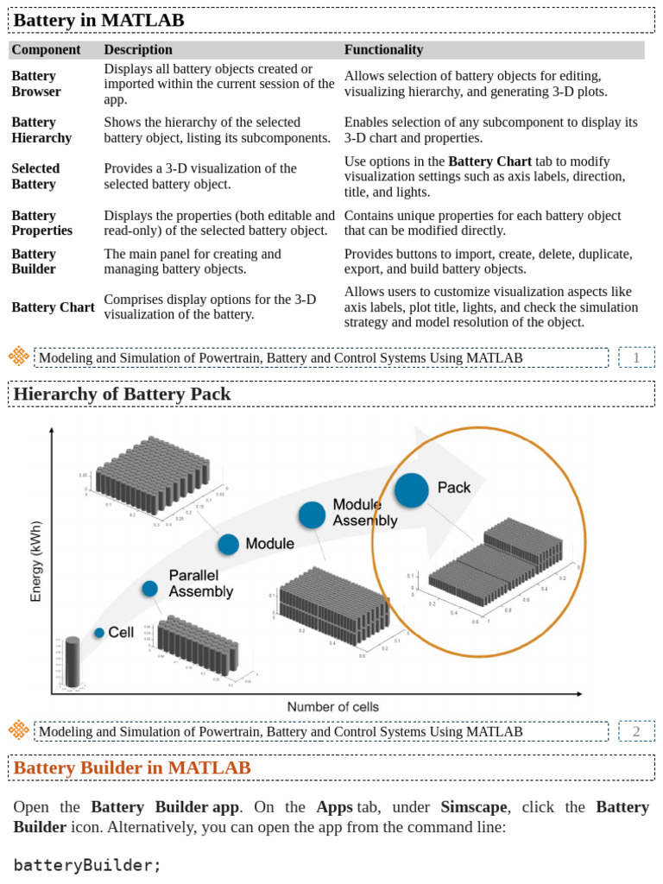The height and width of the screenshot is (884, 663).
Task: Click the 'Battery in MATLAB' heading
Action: pyautogui.click(x=98, y=20)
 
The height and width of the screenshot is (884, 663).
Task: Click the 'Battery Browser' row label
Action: pyautogui.click(x=36, y=84)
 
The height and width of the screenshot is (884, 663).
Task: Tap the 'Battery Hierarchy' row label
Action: pyautogui.click(x=41, y=130)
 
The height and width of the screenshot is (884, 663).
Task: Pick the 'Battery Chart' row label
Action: pyautogui.click(x=53, y=307)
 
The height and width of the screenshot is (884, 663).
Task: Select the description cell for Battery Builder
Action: pyautogui.click(x=192, y=262)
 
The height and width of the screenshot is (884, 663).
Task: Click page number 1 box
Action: pyautogui.click(x=636, y=357)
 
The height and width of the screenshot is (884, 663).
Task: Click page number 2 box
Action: pyautogui.click(x=636, y=732)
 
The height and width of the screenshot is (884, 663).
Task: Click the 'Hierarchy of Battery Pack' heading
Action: pyautogui.click(x=122, y=395)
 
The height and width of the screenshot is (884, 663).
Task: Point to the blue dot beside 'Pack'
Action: pyautogui.click(x=412, y=489)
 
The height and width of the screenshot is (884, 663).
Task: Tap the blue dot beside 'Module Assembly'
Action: pyautogui.click(x=312, y=515)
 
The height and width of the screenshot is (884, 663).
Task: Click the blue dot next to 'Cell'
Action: pyautogui.click(x=99, y=633)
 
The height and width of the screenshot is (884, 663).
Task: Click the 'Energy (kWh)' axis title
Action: pyautogui.click(x=36, y=561)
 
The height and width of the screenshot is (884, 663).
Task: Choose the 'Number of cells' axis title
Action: pyautogui.click(x=332, y=707)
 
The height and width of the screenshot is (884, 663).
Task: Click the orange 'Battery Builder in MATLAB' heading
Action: pyautogui.click(x=132, y=768)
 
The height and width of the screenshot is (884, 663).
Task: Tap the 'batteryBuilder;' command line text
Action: pyautogui.click(x=87, y=865)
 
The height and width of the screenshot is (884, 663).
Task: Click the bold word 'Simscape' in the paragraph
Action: pyautogui.click(x=473, y=807)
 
